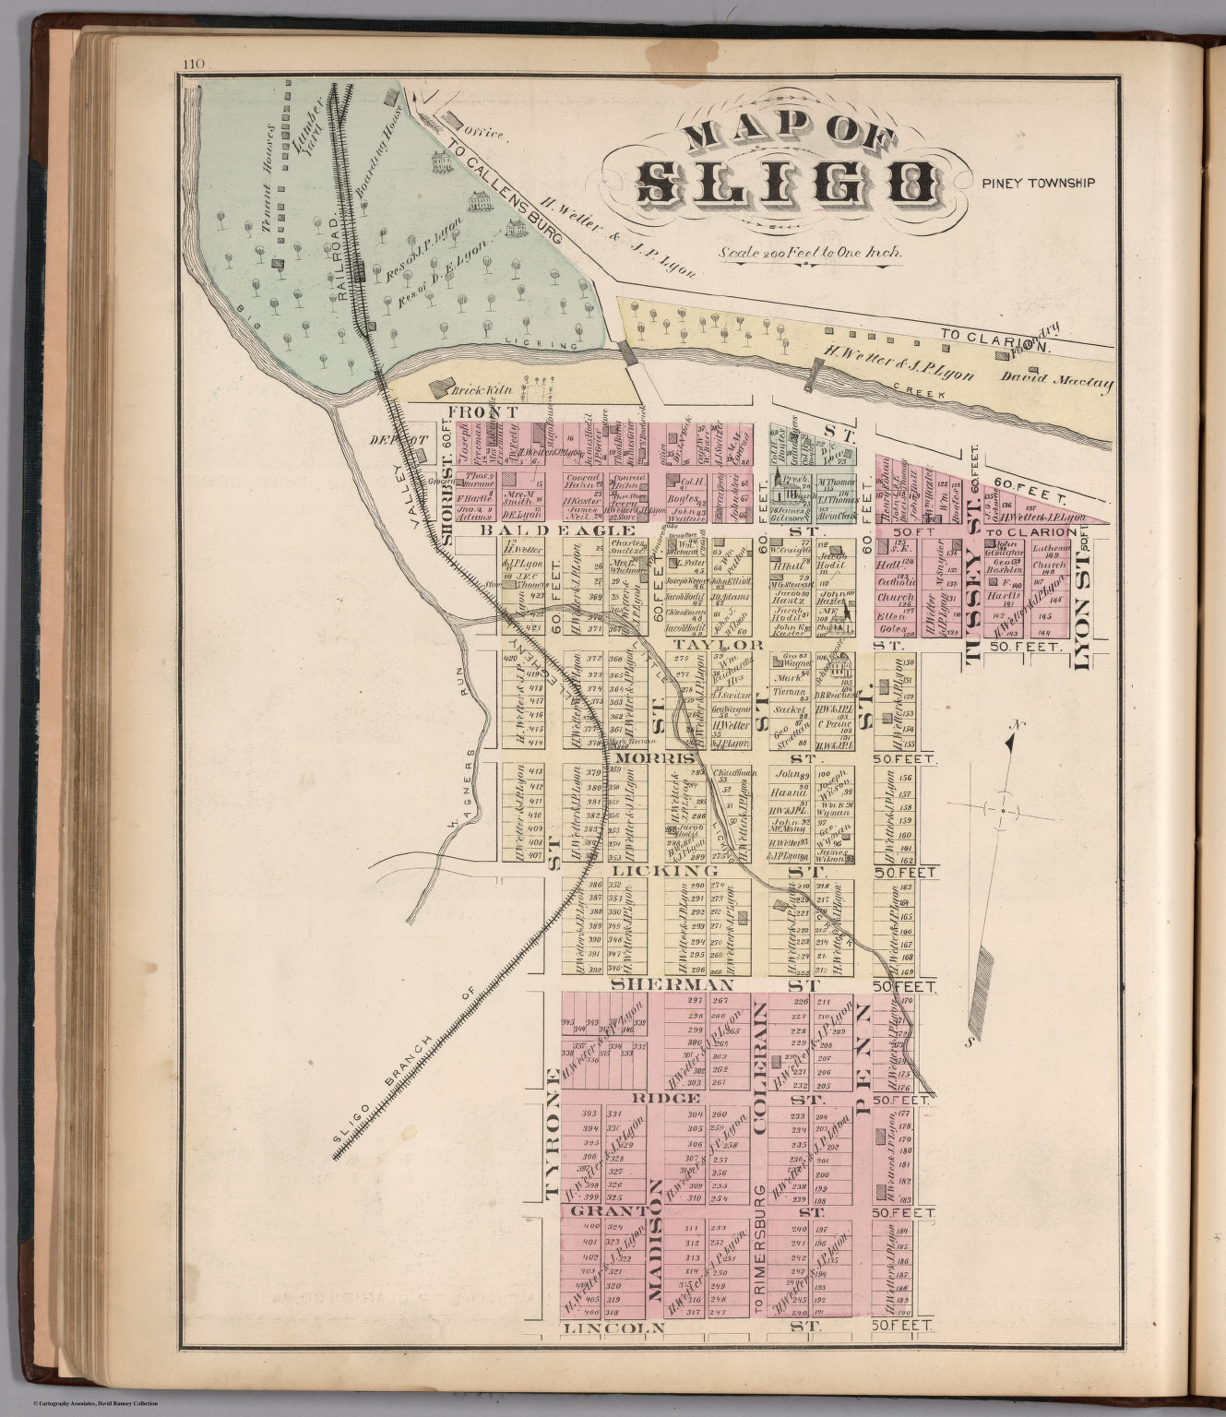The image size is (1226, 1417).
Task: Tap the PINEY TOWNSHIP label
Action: (1038, 183)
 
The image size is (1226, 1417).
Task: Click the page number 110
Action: (193, 64)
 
